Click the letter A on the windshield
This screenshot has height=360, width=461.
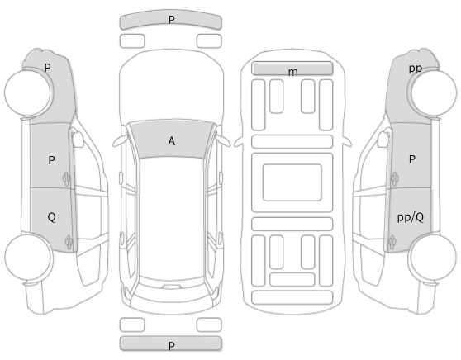(172, 141)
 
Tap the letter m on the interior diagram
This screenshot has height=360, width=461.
(292, 72)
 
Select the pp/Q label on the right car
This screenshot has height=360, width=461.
(411, 217)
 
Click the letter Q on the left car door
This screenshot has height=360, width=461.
(51, 217)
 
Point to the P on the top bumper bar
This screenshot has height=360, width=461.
(172, 20)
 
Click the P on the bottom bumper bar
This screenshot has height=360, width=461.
(172, 346)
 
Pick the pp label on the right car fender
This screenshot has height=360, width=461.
(416, 69)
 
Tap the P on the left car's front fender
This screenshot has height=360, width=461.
(47, 68)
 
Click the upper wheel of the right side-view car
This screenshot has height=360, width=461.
(433, 92)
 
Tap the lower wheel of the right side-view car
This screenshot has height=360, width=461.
(433, 257)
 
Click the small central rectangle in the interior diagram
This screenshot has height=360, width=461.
(292, 182)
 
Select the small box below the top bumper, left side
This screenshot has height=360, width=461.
(132, 40)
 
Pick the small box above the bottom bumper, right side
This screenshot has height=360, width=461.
(209, 324)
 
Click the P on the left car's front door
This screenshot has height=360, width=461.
(51, 160)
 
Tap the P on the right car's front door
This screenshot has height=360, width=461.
(412, 159)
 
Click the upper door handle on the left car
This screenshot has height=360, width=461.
(66, 178)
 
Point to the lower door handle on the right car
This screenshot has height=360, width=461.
(392, 243)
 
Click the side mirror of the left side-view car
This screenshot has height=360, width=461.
(77, 139)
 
